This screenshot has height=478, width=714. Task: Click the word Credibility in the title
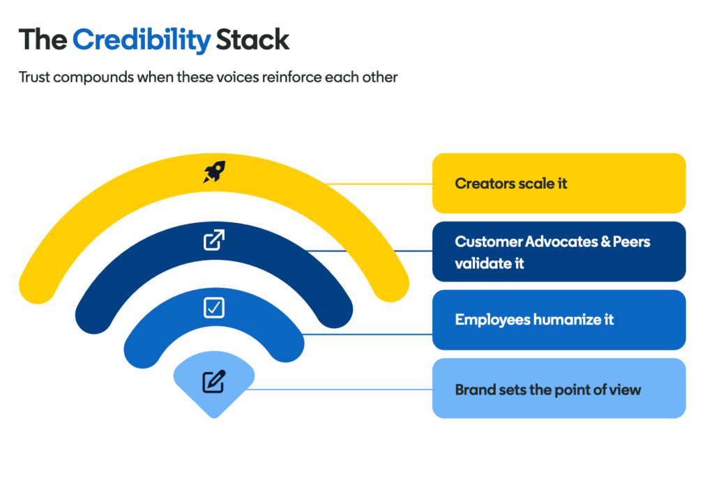click(x=142, y=40)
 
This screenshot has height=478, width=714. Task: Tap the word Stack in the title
click(x=252, y=40)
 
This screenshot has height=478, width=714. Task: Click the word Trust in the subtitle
click(x=33, y=77)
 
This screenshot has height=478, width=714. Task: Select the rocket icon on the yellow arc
click(x=214, y=172)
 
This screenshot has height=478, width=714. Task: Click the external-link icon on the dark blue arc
click(x=214, y=240)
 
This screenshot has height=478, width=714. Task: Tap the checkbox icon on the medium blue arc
click(x=214, y=307)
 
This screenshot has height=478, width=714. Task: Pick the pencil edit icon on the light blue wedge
click(x=214, y=381)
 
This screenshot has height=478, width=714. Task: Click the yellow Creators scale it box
click(x=559, y=183)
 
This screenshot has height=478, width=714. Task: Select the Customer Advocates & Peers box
click(x=559, y=252)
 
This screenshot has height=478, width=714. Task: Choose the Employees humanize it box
click(x=559, y=320)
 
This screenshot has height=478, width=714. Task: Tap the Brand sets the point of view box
click(x=559, y=388)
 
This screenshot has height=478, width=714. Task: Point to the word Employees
click(x=493, y=320)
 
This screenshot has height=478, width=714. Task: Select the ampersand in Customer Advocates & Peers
click(x=606, y=242)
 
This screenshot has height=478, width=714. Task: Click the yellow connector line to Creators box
click(x=379, y=184)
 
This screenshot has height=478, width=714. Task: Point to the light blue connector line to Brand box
click(x=339, y=390)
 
